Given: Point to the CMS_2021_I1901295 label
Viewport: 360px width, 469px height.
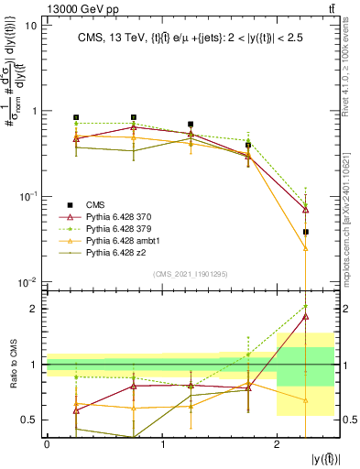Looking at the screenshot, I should coord(190,274).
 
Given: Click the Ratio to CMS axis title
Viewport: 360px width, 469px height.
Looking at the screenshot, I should coord(11,364).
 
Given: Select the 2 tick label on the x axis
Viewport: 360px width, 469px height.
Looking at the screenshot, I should coord(277,447).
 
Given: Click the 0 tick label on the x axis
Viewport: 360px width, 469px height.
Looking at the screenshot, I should coord(47,447).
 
